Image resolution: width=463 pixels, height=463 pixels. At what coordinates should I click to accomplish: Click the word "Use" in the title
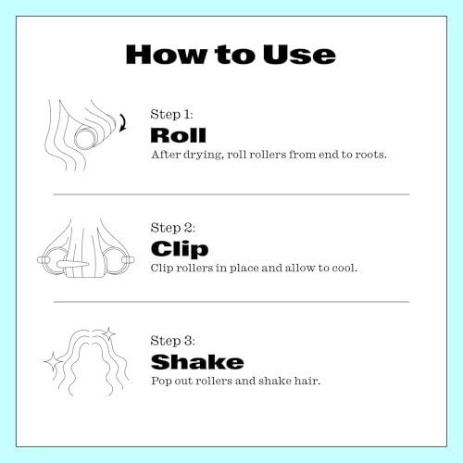pyautogui.click(x=299, y=55)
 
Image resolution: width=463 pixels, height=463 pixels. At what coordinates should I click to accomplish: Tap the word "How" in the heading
pyautogui.click(x=167, y=55)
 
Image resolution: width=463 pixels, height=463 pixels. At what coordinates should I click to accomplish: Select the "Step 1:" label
pyautogui.click(x=171, y=114)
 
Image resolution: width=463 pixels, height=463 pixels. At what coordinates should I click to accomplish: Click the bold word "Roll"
pyautogui.click(x=178, y=135)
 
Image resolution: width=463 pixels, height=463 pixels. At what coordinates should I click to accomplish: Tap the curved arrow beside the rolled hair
pyautogui.click(x=123, y=122)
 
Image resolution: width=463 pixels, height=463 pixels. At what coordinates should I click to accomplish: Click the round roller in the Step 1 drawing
pyautogui.click(x=85, y=138)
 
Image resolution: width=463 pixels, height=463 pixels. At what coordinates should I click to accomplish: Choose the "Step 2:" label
pyautogui.click(x=173, y=228)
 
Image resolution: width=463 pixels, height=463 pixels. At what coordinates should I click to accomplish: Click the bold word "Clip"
pyautogui.click(x=180, y=249)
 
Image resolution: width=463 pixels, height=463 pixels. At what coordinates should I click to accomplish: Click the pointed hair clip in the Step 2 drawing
pyautogui.click(x=73, y=265)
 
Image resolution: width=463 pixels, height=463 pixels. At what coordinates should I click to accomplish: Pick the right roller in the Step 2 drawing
pyautogui.click(x=119, y=261)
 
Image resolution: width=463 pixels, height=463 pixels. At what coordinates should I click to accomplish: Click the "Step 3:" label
pyautogui.click(x=172, y=341)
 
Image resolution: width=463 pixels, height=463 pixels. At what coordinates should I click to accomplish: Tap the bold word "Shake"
pyautogui.click(x=197, y=362)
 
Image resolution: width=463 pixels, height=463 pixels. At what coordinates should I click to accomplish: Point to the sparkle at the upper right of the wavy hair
pyautogui.click(x=108, y=333)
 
